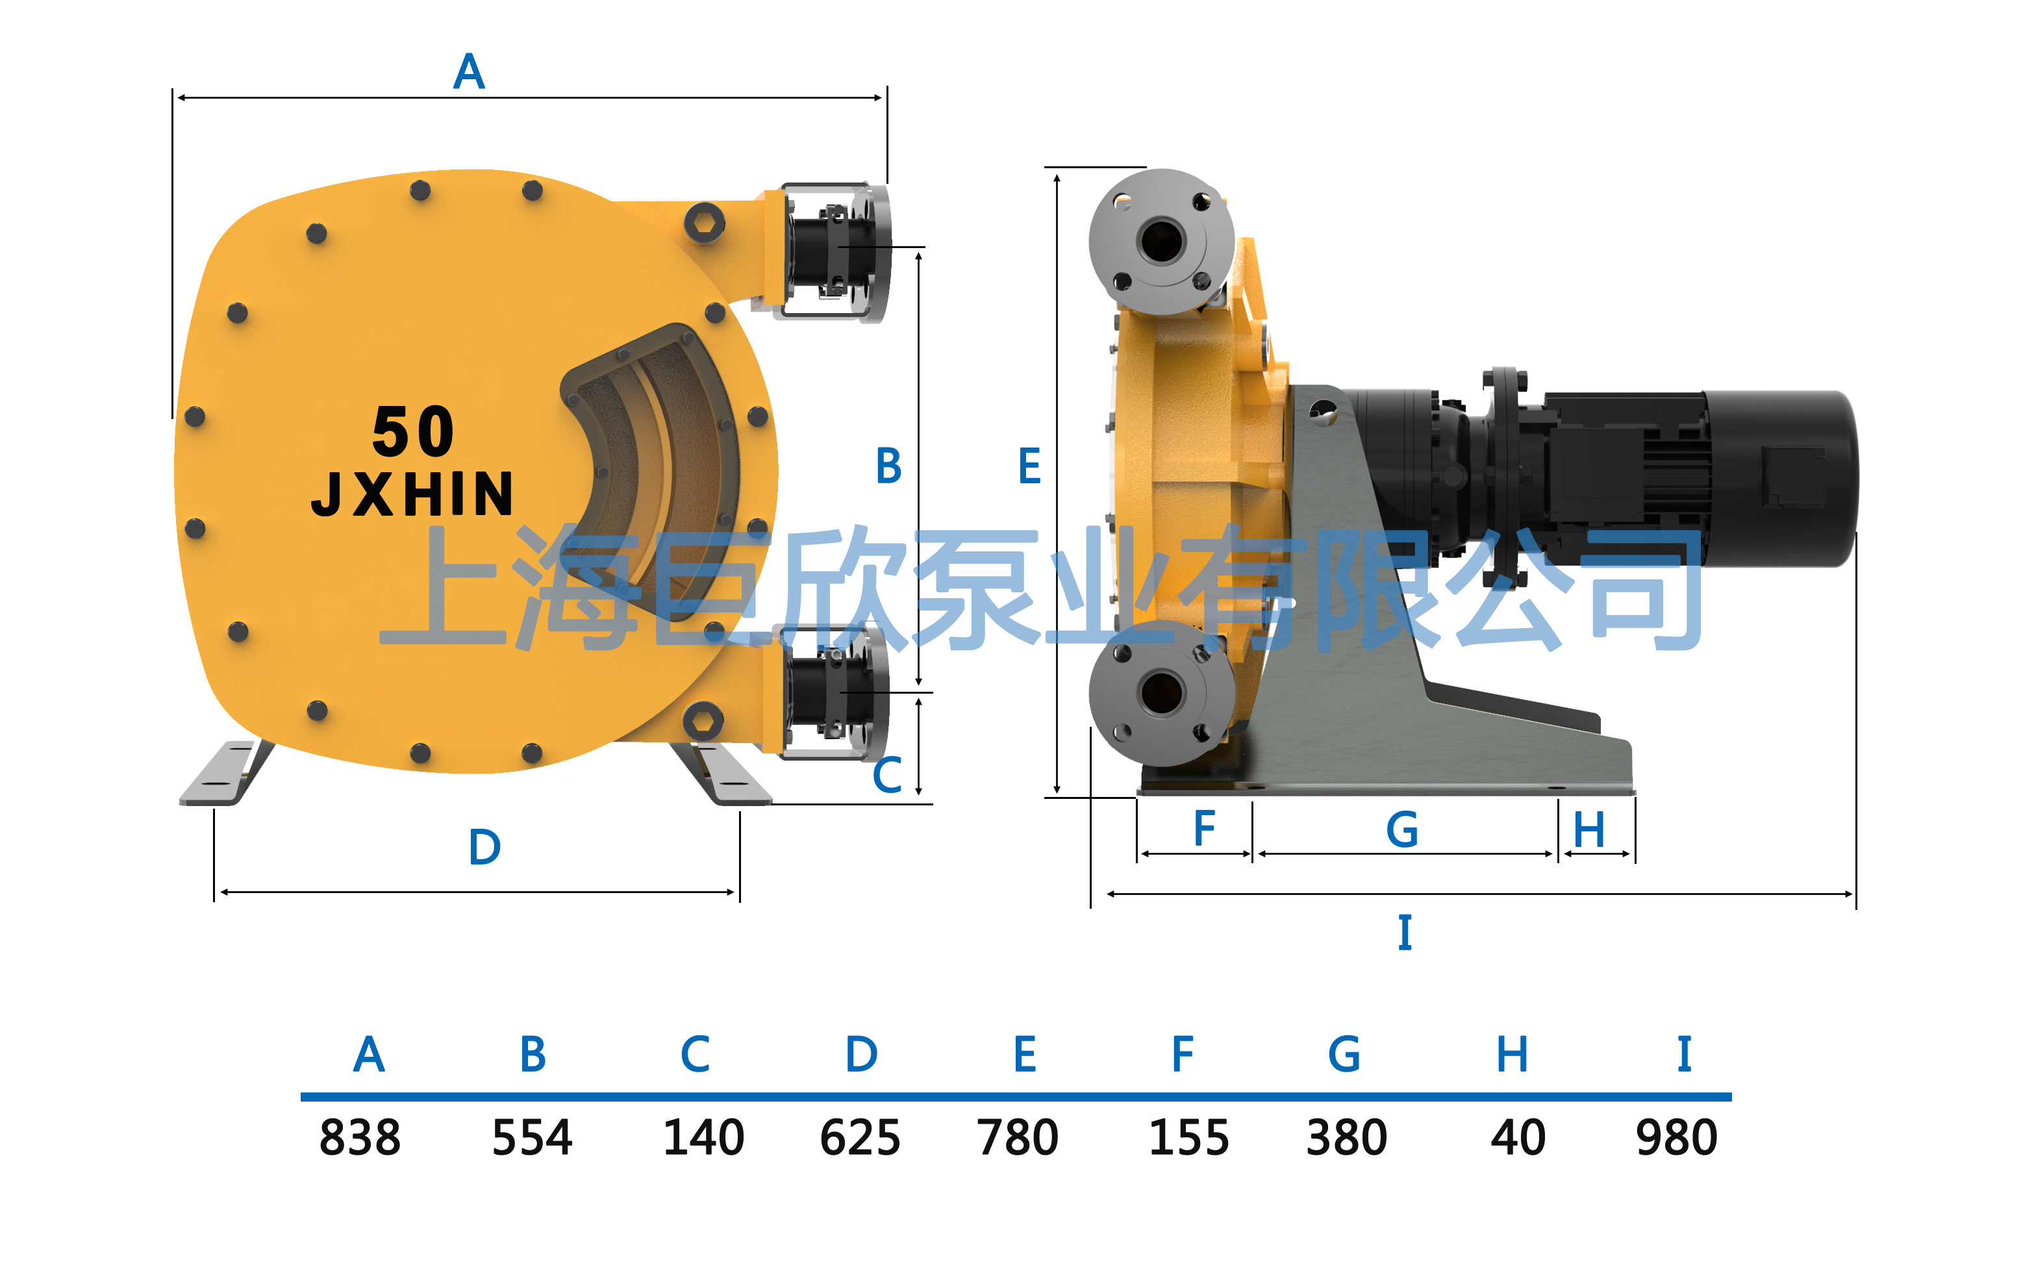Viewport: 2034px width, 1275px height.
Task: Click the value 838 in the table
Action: pyautogui.click(x=360, y=1137)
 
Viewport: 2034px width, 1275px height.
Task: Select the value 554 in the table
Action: pyautogui.click(x=532, y=1137)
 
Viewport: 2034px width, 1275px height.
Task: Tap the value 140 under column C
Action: pyautogui.click(x=704, y=1137)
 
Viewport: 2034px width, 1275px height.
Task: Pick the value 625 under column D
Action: pyautogui.click(x=860, y=1137)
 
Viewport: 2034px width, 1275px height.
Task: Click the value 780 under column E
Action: pyautogui.click(x=1018, y=1137)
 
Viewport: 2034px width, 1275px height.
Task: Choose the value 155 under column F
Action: pyautogui.click(x=1189, y=1137)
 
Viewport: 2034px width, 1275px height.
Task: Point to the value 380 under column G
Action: pyautogui.click(x=1346, y=1137)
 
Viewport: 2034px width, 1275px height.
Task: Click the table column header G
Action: pyautogui.click(x=1344, y=1054)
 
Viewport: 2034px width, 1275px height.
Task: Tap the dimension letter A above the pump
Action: pyautogui.click(x=469, y=71)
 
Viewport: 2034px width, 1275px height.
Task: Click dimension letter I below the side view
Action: pyautogui.click(x=1404, y=932)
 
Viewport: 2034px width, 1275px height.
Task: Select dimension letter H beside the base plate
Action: pyautogui.click(x=1589, y=830)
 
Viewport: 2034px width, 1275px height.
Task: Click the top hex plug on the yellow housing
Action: pyautogui.click(x=704, y=223)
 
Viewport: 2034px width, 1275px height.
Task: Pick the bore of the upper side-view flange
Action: pyautogui.click(x=1162, y=240)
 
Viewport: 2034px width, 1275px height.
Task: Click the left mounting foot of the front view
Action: pyautogui.click(x=226, y=772)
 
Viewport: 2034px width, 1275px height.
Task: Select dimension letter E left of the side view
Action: pyautogui.click(x=1029, y=466)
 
